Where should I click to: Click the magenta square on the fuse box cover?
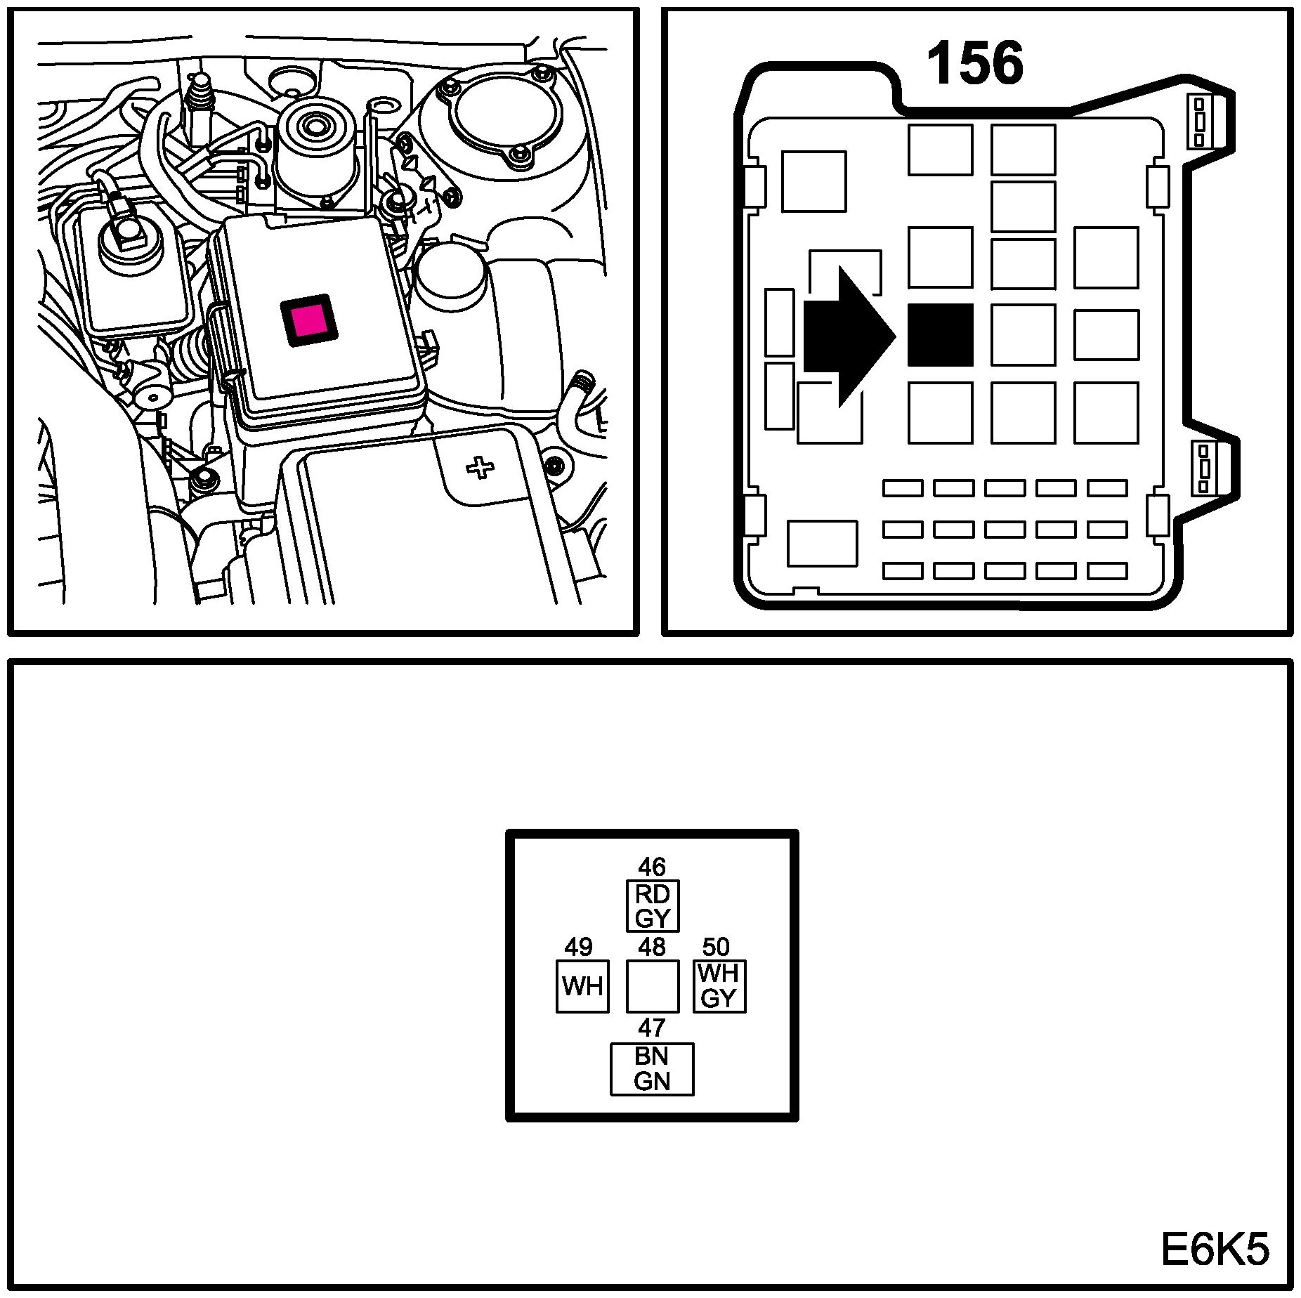point(309,319)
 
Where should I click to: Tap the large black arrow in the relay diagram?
point(846,336)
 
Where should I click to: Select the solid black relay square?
point(940,335)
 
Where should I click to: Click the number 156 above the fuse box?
point(974,64)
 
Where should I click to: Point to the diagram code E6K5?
point(1215,1251)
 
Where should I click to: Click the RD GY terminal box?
point(653,906)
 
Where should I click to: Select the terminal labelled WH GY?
point(719,986)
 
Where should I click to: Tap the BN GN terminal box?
point(652,1069)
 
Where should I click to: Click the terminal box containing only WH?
point(582,986)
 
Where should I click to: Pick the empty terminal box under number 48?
point(652,986)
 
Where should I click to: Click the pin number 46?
point(652,867)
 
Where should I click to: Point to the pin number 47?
point(652,1028)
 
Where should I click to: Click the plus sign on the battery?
point(480,467)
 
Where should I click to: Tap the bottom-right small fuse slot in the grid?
point(1107,571)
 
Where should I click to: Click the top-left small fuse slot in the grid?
point(903,488)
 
